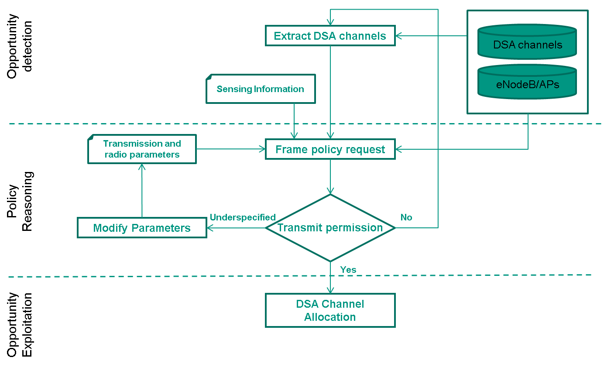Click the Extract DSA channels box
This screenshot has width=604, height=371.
tap(330, 35)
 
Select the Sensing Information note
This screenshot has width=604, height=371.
tap(260, 89)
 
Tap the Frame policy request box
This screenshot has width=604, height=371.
tap(330, 149)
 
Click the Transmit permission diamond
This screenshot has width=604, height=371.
tap(330, 227)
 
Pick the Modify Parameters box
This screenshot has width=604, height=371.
tap(142, 228)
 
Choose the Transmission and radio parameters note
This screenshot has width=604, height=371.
tap(142, 149)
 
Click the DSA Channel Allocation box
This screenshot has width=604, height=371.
tap(330, 310)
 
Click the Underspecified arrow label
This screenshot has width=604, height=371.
tap(243, 217)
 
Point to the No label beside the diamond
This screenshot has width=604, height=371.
tap(406, 217)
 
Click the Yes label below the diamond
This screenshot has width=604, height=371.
tap(348, 270)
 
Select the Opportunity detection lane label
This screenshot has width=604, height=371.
tap(20, 46)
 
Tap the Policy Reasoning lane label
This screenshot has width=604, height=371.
tap(20, 201)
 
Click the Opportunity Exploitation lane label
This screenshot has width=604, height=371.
tap(20, 324)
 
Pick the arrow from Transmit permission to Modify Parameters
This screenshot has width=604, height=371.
tap(236, 228)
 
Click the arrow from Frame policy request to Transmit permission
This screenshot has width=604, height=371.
tap(330, 177)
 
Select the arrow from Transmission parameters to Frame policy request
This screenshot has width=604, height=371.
tap(230, 149)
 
